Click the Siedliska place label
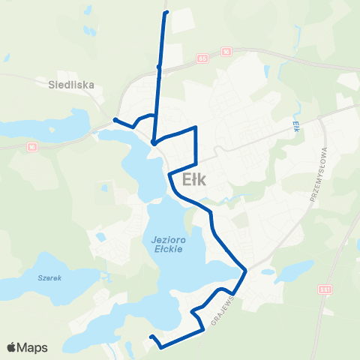[x=72, y=85]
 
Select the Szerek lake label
[x=47, y=277]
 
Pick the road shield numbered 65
[x=202, y=57]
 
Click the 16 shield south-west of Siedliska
[x=31, y=148]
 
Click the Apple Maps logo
[x=27, y=347]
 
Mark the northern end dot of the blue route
[x=165, y=12]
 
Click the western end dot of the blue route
[x=115, y=120]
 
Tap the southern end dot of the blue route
[x=151, y=337]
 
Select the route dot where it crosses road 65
[x=158, y=67]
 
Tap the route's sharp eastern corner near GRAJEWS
[x=244, y=270]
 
